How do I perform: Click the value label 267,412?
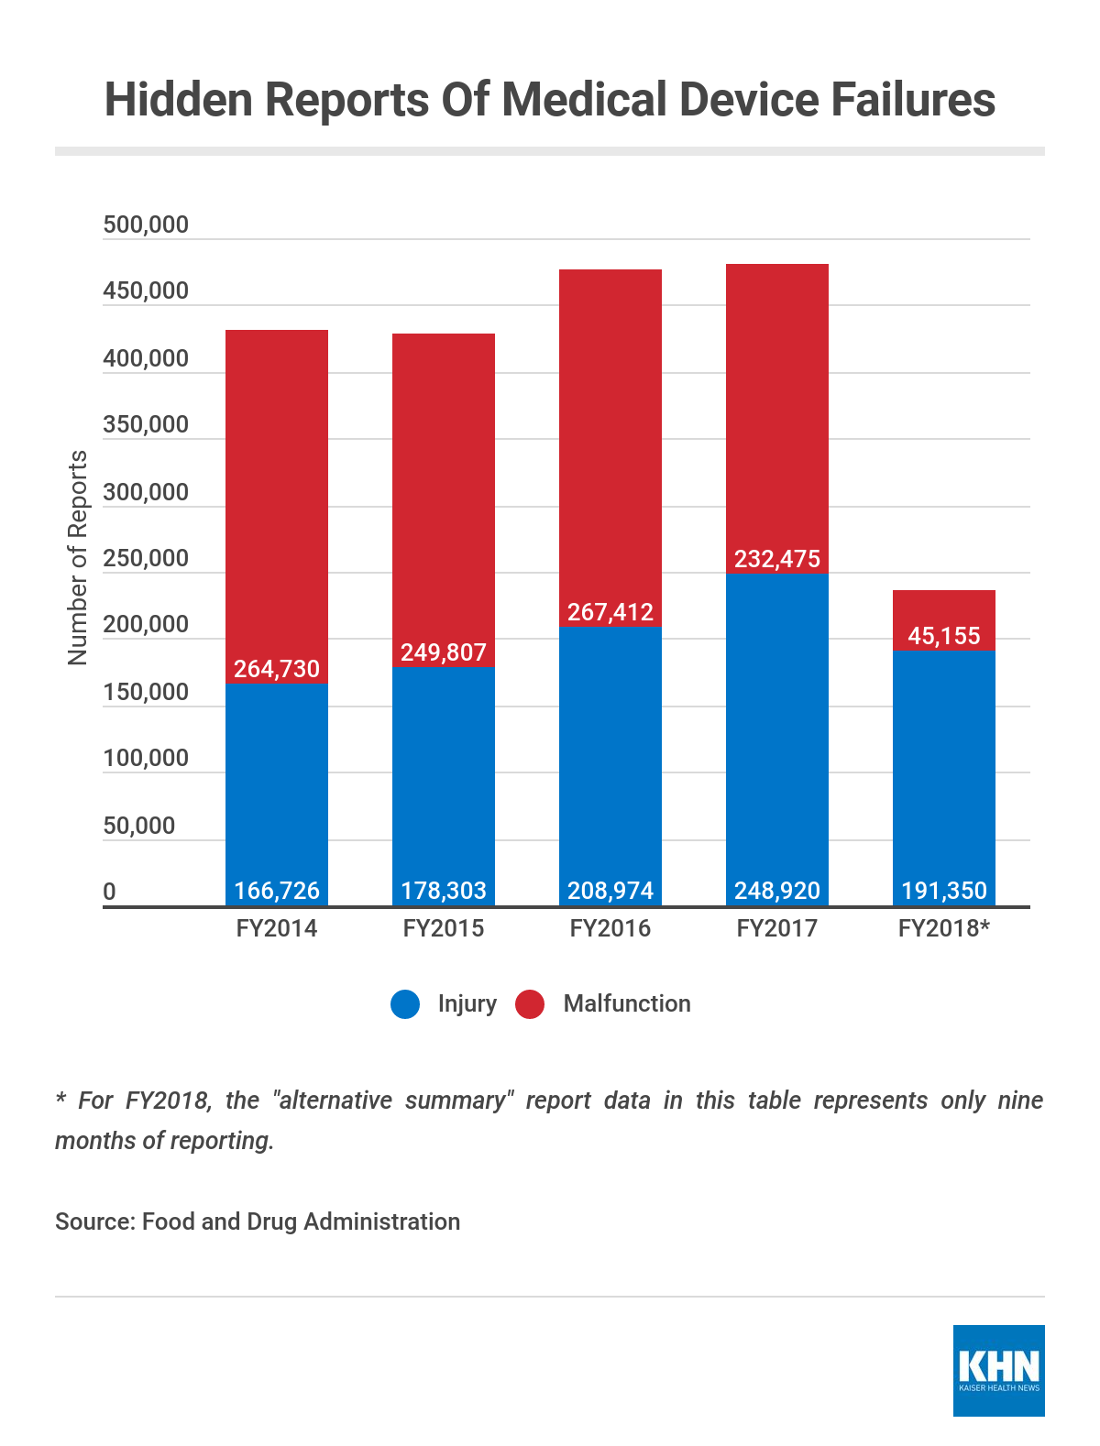[610, 612]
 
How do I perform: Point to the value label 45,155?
[944, 636]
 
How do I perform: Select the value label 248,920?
[777, 891]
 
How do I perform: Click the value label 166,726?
[277, 891]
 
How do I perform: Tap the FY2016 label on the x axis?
[610, 928]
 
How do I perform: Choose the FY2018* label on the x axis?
[944, 928]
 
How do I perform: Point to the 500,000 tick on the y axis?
[146, 225]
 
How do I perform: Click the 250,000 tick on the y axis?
[146, 558]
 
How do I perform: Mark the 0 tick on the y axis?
[110, 892]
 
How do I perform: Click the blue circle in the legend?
[405, 1004]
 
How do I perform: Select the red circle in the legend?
[530, 1004]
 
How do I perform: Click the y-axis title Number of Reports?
[78, 558]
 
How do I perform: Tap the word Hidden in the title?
[178, 99]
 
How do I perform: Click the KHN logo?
[999, 1370]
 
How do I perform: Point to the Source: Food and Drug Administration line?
[258, 1221]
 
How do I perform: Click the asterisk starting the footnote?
[60, 1098]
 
